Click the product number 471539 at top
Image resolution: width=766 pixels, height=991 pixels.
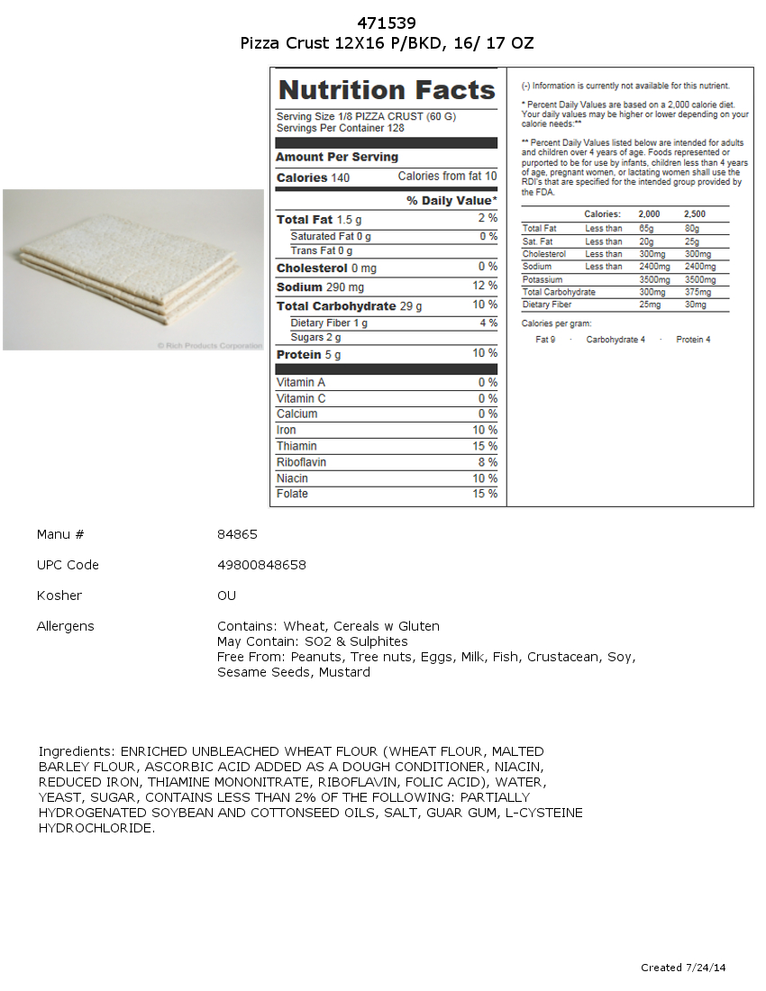[x=387, y=23]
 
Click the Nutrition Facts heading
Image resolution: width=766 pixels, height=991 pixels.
[x=387, y=90]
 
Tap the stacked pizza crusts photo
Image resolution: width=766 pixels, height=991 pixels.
[x=133, y=269]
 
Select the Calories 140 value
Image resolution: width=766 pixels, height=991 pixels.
[x=340, y=178]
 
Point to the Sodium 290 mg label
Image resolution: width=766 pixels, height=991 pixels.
[x=320, y=287]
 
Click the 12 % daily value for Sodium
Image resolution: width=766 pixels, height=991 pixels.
[x=485, y=286]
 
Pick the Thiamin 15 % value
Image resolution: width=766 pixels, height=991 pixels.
[x=485, y=446]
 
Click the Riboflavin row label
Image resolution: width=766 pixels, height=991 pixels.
[x=301, y=462]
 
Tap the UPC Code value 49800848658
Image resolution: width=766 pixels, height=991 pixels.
[x=261, y=565]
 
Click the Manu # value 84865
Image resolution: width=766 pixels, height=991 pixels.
[x=237, y=534]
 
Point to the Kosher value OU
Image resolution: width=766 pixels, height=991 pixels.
[x=226, y=596]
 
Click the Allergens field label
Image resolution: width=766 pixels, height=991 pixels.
[x=65, y=626]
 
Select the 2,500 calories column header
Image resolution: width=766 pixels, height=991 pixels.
[x=694, y=214]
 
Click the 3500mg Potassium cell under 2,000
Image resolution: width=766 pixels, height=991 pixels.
[x=654, y=280]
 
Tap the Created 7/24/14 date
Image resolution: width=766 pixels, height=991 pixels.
[x=683, y=968]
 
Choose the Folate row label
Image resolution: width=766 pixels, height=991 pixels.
[x=292, y=494]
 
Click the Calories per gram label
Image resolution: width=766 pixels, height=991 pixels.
[x=557, y=323]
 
